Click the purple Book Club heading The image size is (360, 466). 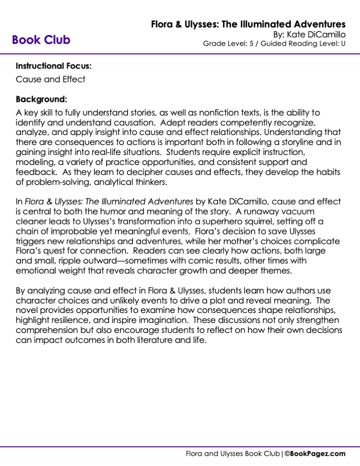click(x=41, y=40)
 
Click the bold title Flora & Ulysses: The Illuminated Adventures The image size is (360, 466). click(x=248, y=24)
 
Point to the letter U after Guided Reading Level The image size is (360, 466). click(x=343, y=43)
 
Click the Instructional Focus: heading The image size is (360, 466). click(x=53, y=65)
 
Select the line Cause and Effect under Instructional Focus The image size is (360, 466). click(x=50, y=79)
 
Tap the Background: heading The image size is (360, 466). click(x=41, y=98)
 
